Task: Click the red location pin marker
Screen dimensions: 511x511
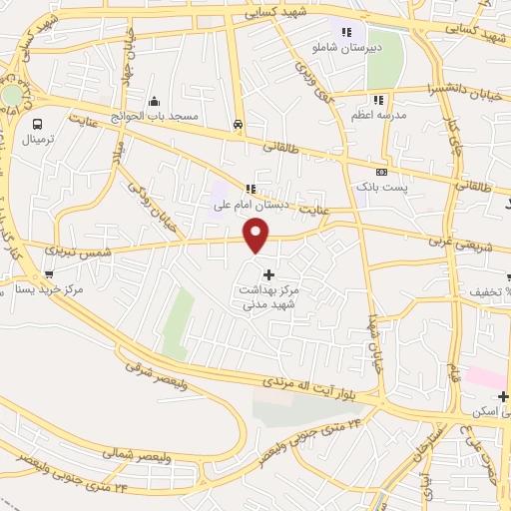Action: click(256, 236)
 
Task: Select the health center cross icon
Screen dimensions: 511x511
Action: click(267, 273)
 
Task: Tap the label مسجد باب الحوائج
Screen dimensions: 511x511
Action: click(157, 117)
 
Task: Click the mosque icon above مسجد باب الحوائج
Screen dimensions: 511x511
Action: click(155, 102)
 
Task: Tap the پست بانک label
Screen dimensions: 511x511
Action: click(379, 187)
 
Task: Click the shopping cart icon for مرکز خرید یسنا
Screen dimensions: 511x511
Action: click(49, 273)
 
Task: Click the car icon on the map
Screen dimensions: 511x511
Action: click(238, 125)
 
